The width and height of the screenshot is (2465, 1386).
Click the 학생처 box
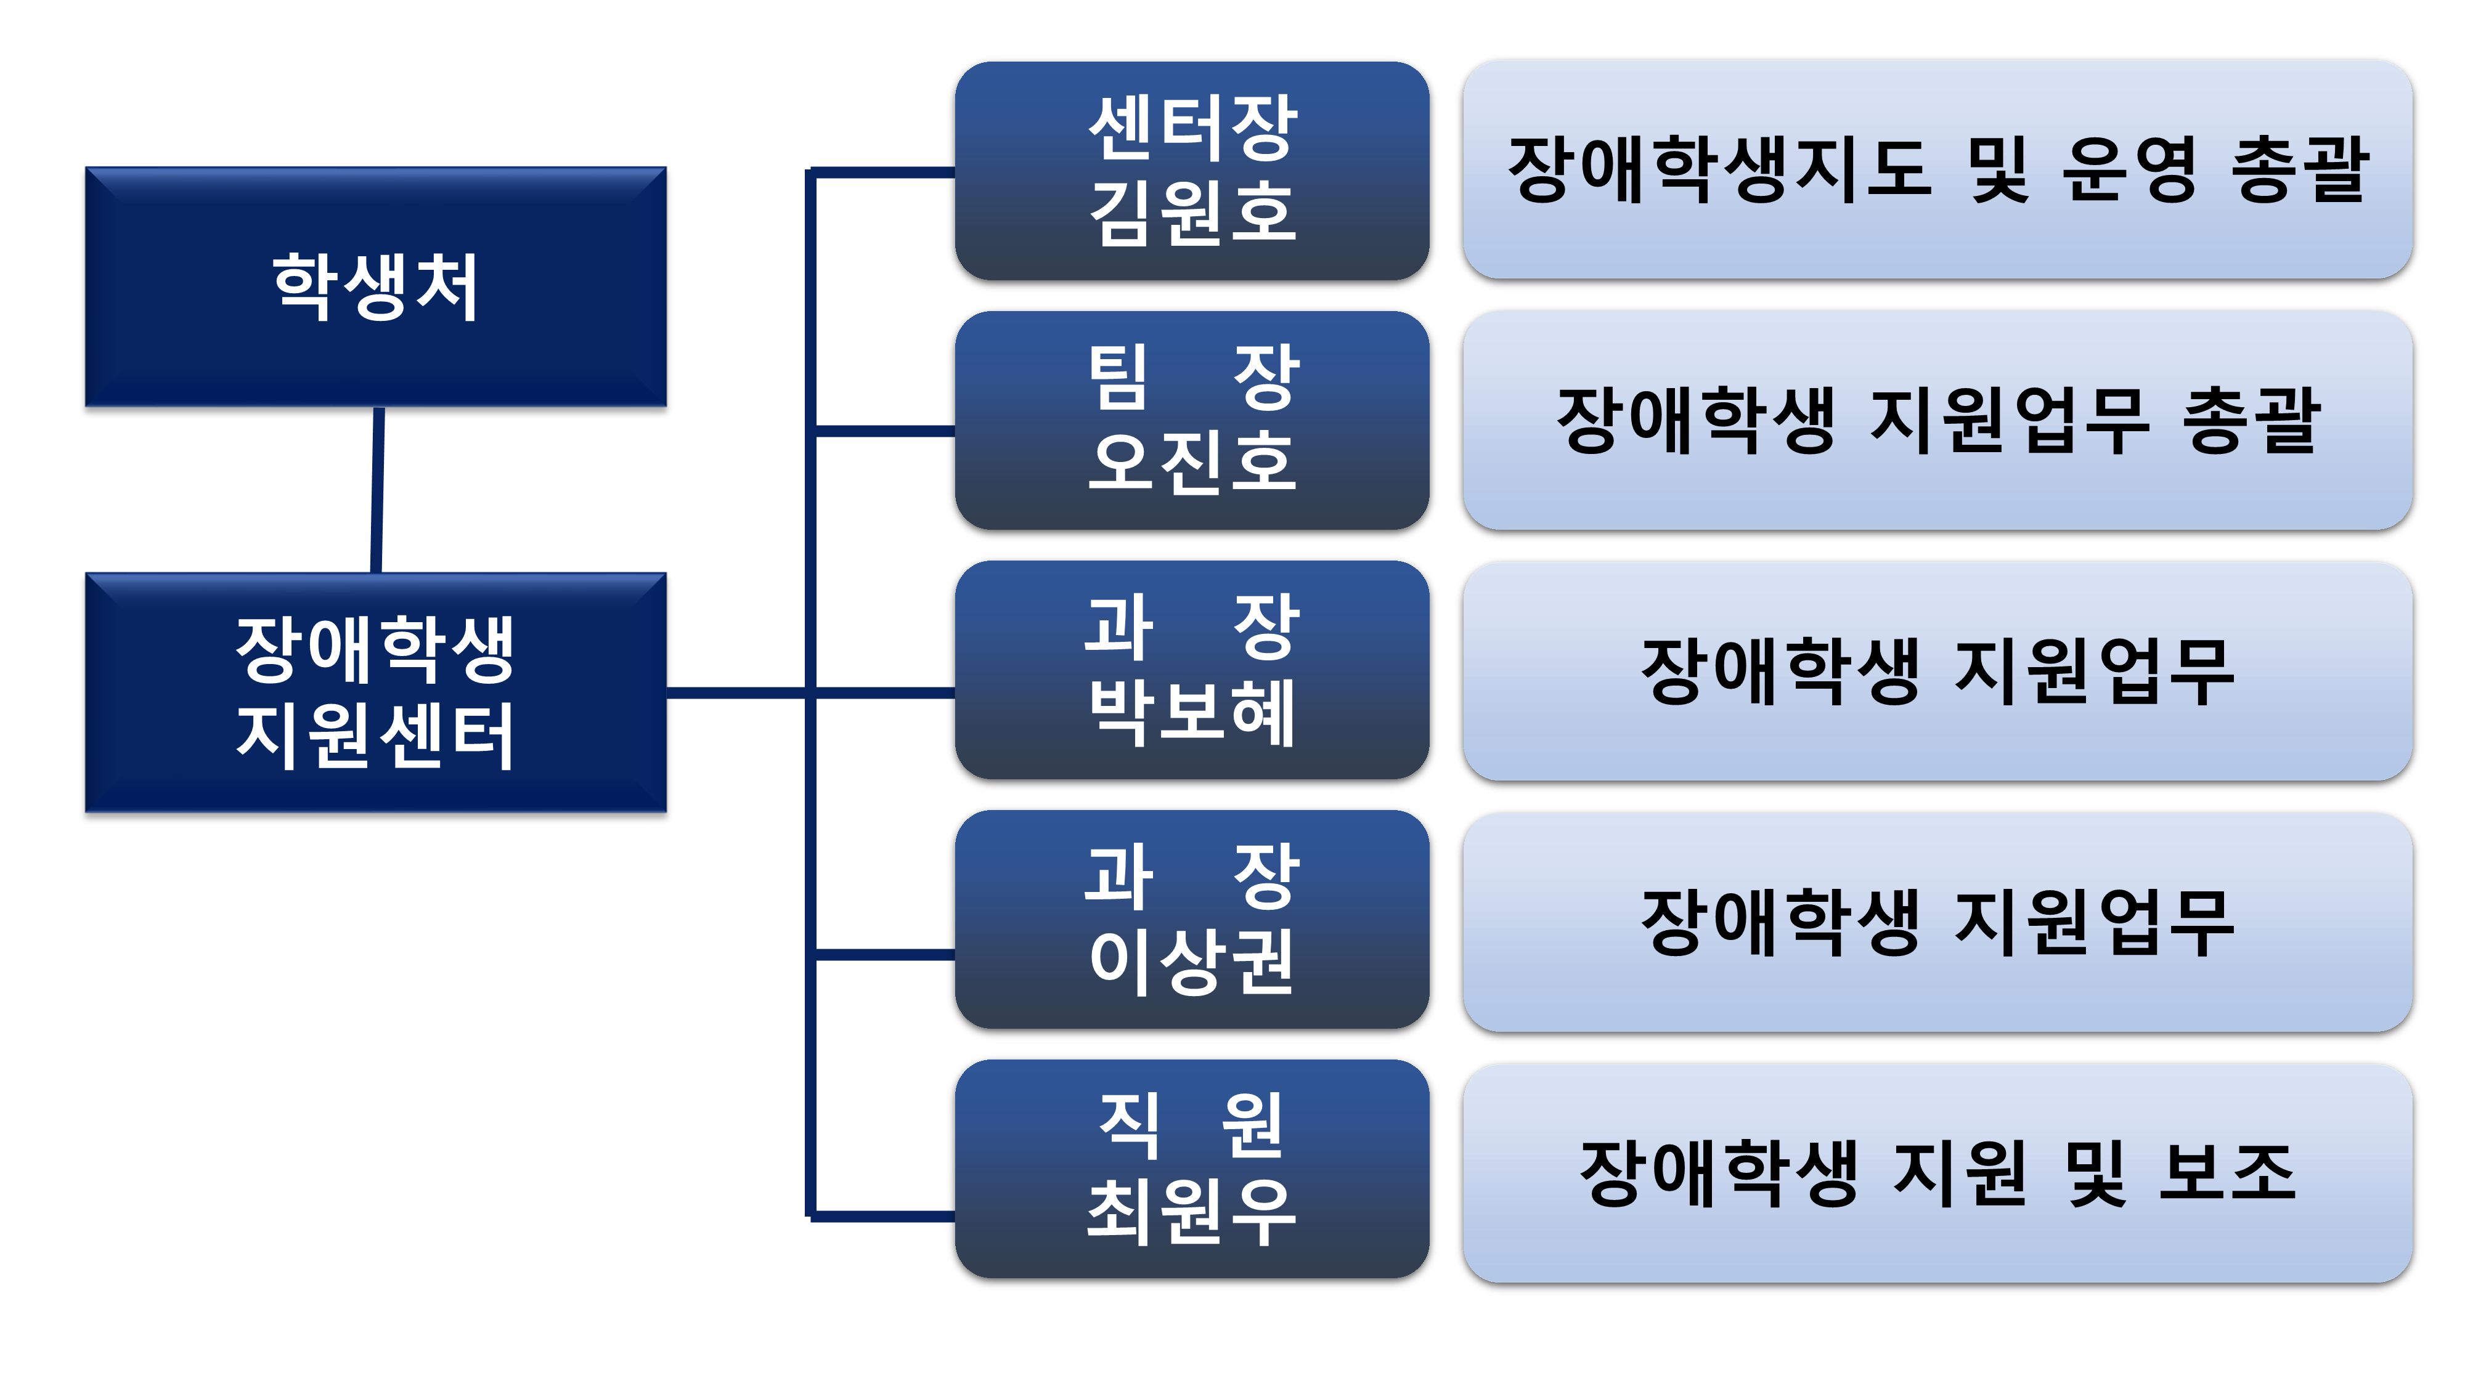click(x=376, y=287)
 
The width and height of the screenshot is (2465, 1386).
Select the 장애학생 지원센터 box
click(x=376, y=692)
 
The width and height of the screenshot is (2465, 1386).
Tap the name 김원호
click(x=1192, y=213)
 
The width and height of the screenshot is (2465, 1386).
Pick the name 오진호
click(x=1192, y=463)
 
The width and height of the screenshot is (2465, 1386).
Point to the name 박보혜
click(x=1192, y=713)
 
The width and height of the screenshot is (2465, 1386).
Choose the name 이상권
click(x=1192, y=962)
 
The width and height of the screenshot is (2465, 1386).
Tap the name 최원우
click(x=1192, y=1212)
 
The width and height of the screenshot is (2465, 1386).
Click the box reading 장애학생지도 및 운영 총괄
click(x=1937, y=170)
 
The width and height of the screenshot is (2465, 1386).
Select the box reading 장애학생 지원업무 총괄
click(x=1937, y=421)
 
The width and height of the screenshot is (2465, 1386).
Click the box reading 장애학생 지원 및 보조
click(x=1937, y=1173)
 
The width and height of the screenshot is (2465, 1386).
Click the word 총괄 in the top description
click(x=2300, y=170)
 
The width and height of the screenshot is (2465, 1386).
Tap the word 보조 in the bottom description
click(x=2228, y=1173)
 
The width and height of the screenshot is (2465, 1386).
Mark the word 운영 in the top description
click(x=2129, y=170)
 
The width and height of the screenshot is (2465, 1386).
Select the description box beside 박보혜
click(x=1937, y=671)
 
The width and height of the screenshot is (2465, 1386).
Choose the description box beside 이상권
click(x=1937, y=922)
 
